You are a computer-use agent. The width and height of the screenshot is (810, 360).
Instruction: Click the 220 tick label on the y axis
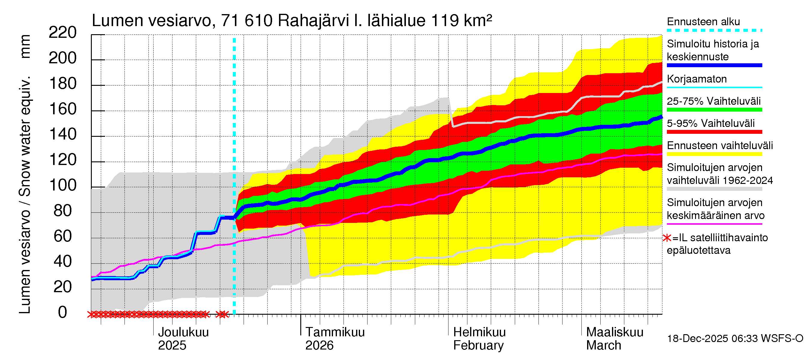[x=63, y=33]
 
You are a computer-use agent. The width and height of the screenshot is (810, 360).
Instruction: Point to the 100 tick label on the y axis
[x=63, y=185]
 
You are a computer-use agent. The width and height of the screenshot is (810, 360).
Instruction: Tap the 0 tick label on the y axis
[x=63, y=312]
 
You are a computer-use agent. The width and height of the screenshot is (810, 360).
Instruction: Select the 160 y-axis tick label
[x=63, y=109]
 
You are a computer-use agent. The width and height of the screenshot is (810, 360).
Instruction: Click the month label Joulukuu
[x=183, y=332]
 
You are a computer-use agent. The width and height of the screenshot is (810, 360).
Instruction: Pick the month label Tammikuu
[x=335, y=332]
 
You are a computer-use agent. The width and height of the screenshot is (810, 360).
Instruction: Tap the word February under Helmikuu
[x=478, y=346]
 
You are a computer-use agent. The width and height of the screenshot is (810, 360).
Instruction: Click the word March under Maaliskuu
[x=603, y=346]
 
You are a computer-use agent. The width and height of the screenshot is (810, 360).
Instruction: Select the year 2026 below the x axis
[x=319, y=346]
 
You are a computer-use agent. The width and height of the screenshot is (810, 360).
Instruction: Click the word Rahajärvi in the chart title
[x=313, y=21]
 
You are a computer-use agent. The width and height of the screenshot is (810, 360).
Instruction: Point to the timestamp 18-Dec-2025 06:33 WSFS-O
[x=735, y=339]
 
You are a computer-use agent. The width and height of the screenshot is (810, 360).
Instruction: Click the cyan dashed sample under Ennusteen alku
[x=714, y=31]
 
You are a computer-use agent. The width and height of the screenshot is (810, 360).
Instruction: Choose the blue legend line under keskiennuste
[x=714, y=65]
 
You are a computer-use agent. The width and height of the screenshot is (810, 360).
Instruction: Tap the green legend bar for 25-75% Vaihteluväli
[x=714, y=110]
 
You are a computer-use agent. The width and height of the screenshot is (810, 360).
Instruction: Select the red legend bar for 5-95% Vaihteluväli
[x=714, y=132]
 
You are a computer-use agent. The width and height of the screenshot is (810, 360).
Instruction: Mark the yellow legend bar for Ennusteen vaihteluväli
[x=714, y=154]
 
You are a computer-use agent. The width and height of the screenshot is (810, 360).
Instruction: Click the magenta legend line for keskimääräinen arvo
[x=714, y=224]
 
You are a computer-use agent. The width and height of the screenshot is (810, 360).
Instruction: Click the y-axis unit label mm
[x=25, y=46]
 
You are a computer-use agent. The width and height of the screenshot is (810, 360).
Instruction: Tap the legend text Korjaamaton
[x=697, y=79]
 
